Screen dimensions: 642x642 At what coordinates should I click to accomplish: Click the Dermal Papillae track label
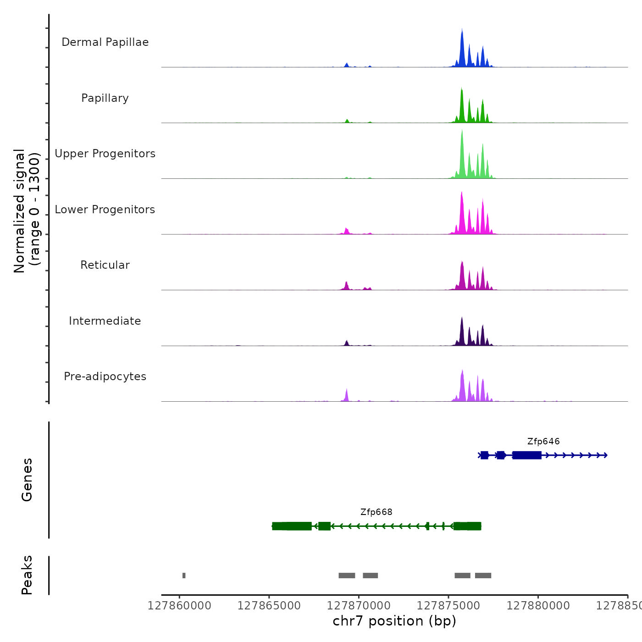point(105,42)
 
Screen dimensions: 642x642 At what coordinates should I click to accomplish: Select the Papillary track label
point(105,98)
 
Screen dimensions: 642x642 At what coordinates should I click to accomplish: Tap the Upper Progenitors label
point(105,154)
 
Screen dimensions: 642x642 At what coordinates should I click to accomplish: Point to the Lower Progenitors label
point(105,210)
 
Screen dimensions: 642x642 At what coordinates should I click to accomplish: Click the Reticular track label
point(105,265)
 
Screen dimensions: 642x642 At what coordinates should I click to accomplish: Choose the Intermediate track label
point(105,321)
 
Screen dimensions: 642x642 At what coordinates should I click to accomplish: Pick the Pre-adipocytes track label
point(105,376)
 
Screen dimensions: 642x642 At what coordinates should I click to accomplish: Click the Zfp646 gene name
point(543,442)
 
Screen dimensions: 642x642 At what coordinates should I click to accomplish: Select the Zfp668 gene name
point(376,512)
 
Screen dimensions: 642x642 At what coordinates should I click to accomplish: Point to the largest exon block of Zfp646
point(527,455)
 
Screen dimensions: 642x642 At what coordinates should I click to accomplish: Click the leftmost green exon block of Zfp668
point(292,526)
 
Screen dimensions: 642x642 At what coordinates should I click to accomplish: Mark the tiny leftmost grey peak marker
point(184,576)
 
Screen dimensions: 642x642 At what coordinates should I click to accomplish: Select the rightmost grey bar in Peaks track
point(483,576)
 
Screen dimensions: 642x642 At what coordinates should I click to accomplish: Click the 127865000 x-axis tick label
point(269,606)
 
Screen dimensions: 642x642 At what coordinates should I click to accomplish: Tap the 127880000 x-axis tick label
point(538,606)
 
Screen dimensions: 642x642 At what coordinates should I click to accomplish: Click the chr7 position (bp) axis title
point(394,621)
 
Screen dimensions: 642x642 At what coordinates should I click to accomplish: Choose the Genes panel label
point(27,480)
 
